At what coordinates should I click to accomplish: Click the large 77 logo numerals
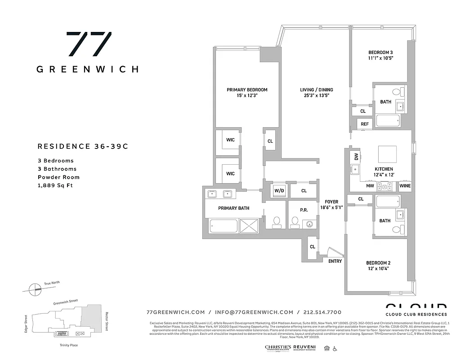(x=89, y=44)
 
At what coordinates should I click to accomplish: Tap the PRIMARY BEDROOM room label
(x=247, y=90)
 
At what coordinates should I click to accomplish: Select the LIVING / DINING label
(x=317, y=90)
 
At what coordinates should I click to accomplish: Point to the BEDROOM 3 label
(x=380, y=52)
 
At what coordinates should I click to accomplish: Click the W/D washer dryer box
(x=279, y=190)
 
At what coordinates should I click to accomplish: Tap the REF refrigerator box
(x=364, y=124)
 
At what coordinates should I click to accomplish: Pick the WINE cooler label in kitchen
(x=405, y=185)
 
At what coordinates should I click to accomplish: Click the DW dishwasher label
(x=356, y=157)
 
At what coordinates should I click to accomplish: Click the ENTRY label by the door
(x=335, y=261)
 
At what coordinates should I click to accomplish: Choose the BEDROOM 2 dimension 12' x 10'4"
(x=378, y=269)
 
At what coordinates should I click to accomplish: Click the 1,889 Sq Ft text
(x=55, y=185)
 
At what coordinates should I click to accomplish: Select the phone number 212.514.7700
(x=322, y=312)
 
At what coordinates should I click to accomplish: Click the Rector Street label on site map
(x=107, y=320)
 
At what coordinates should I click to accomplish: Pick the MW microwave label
(x=370, y=185)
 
